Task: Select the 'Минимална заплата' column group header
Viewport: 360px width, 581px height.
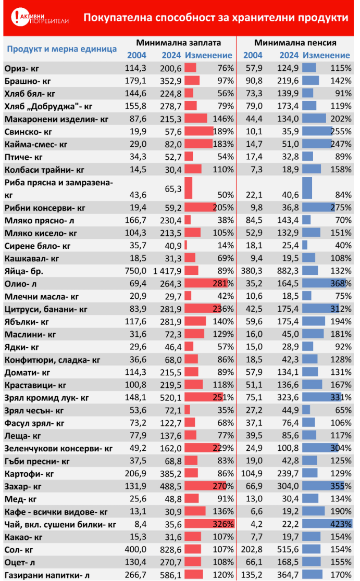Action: (178, 43)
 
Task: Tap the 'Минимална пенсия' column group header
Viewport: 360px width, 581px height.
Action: (295, 43)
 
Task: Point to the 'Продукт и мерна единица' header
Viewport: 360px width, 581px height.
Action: (61, 49)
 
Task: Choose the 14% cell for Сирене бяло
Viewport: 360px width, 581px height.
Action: (225, 245)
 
